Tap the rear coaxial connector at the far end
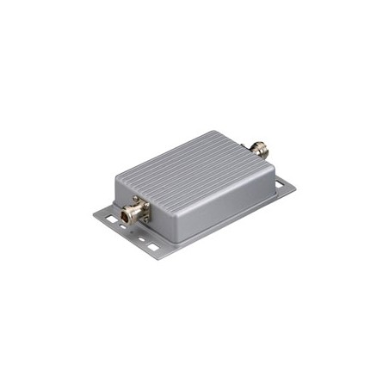tap(257, 149)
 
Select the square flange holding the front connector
tap(139, 209)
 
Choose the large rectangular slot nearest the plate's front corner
tap(152, 247)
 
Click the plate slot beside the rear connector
tap(279, 183)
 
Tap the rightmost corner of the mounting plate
tap(295, 184)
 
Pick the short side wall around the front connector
tap(129, 194)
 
